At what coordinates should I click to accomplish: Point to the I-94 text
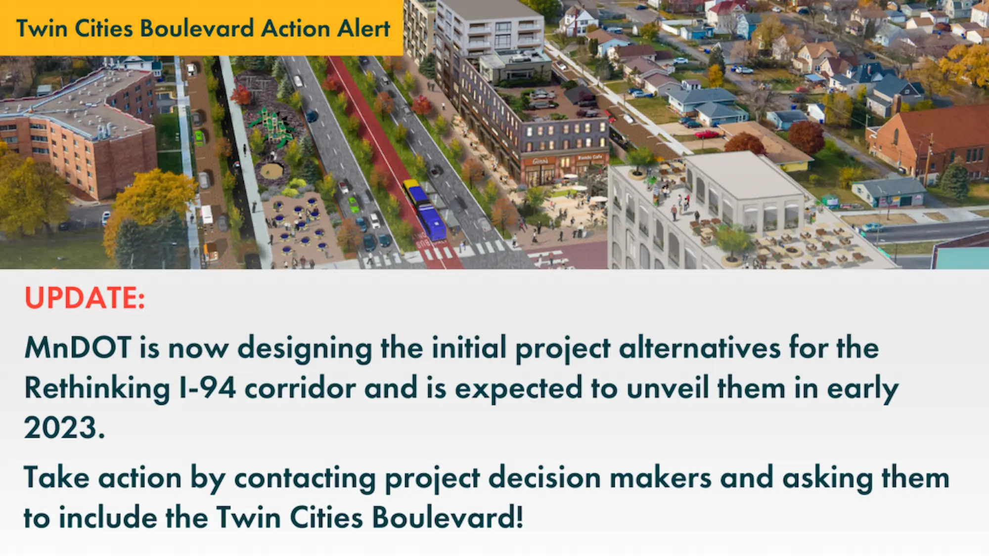tap(207, 387)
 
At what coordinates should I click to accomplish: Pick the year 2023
tap(65, 428)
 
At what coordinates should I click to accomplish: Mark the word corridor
tap(300, 387)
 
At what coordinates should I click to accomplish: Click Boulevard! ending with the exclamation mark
tap(448, 517)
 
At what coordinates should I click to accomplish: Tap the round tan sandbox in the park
tap(272, 171)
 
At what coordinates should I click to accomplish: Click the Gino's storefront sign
tap(540, 161)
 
